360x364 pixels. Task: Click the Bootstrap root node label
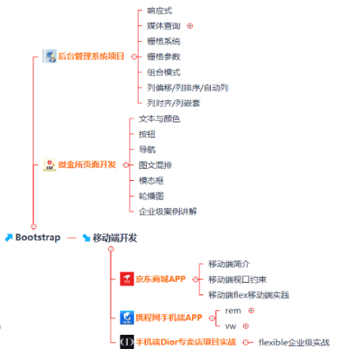pyautogui.click(x=38, y=238)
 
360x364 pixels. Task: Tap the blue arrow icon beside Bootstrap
pyautogui.click(x=9, y=238)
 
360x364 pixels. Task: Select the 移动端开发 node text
pyautogui.click(x=115, y=238)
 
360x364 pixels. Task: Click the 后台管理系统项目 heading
pyautogui.click(x=91, y=56)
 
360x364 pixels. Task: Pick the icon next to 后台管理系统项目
pyautogui.click(x=50, y=56)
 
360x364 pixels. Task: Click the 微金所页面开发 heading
pyautogui.click(x=87, y=165)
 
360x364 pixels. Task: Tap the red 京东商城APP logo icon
pyautogui.click(x=127, y=279)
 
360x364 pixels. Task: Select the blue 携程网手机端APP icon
pyautogui.click(x=127, y=317)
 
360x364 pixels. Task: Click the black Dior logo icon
pyautogui.click(x=127, y=342)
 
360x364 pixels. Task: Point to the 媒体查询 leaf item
pyautogui.click(x=163, y=26)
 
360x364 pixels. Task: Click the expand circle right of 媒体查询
pyautogui.click(x=190, y=26)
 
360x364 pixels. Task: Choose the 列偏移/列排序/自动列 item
pyautogui.click(x=188, y=88)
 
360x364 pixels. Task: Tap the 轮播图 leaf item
pyautogui.click(x=152, y=196)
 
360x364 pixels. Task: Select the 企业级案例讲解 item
pyautogui.click(x=168, y=212)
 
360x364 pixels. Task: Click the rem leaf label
pyautogui.click(x=233, y=311)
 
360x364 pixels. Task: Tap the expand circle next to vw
pyautogui.click(x=246, y=326)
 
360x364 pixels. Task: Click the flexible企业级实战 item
pyautogui.click(x=294, y=343)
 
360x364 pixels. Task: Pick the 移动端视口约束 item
pyautogui.click(x=238, y=280)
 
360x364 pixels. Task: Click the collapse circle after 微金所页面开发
pyautogui.click(x=126, y=165)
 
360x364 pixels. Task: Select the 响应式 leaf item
pyautogui.click(x=159, y=11)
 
